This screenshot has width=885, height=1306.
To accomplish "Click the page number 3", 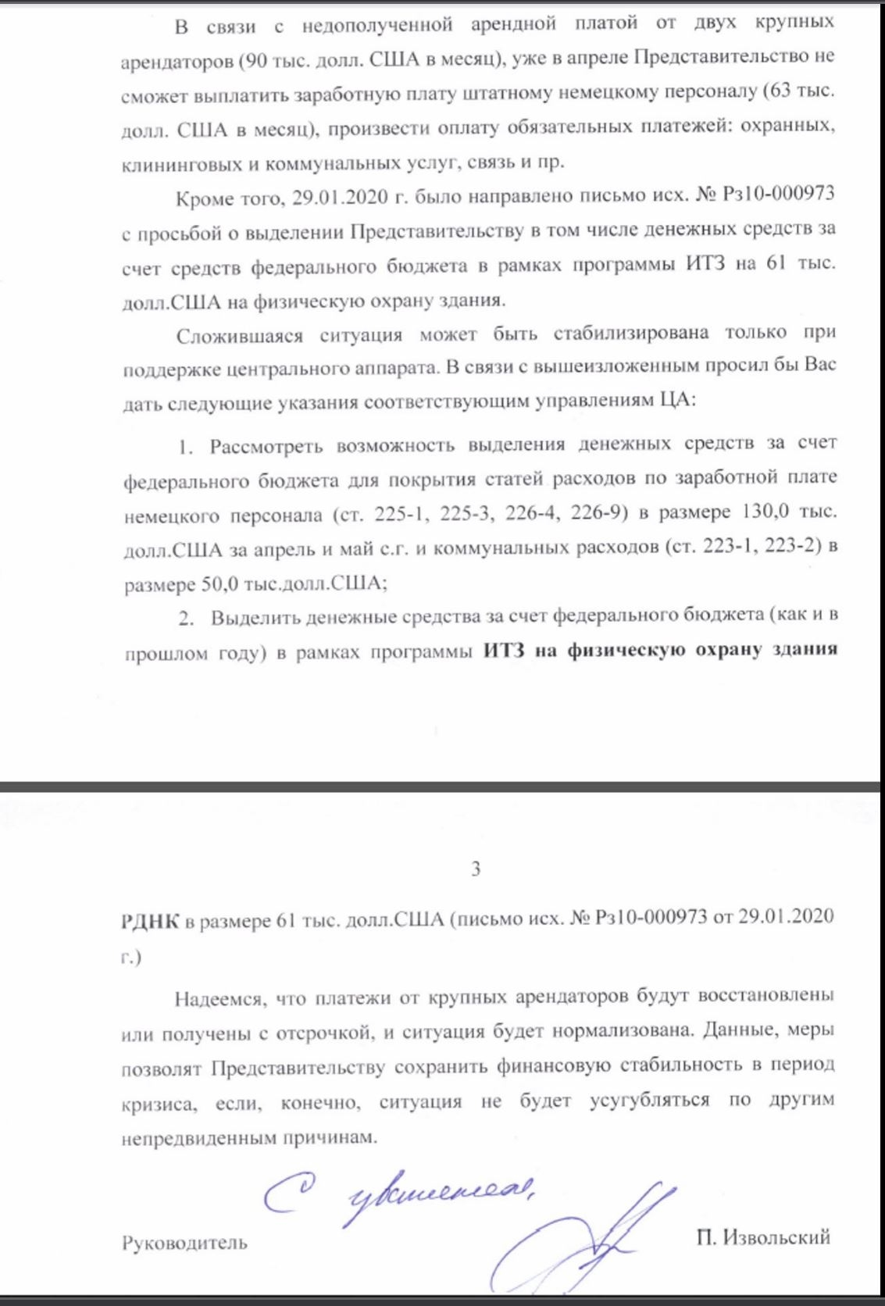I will [476, 869].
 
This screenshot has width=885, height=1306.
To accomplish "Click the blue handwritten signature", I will [594, 1242].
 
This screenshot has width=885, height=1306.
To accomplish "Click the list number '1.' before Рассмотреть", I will [185, 448].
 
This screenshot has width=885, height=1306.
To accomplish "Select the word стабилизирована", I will [631, 334].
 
